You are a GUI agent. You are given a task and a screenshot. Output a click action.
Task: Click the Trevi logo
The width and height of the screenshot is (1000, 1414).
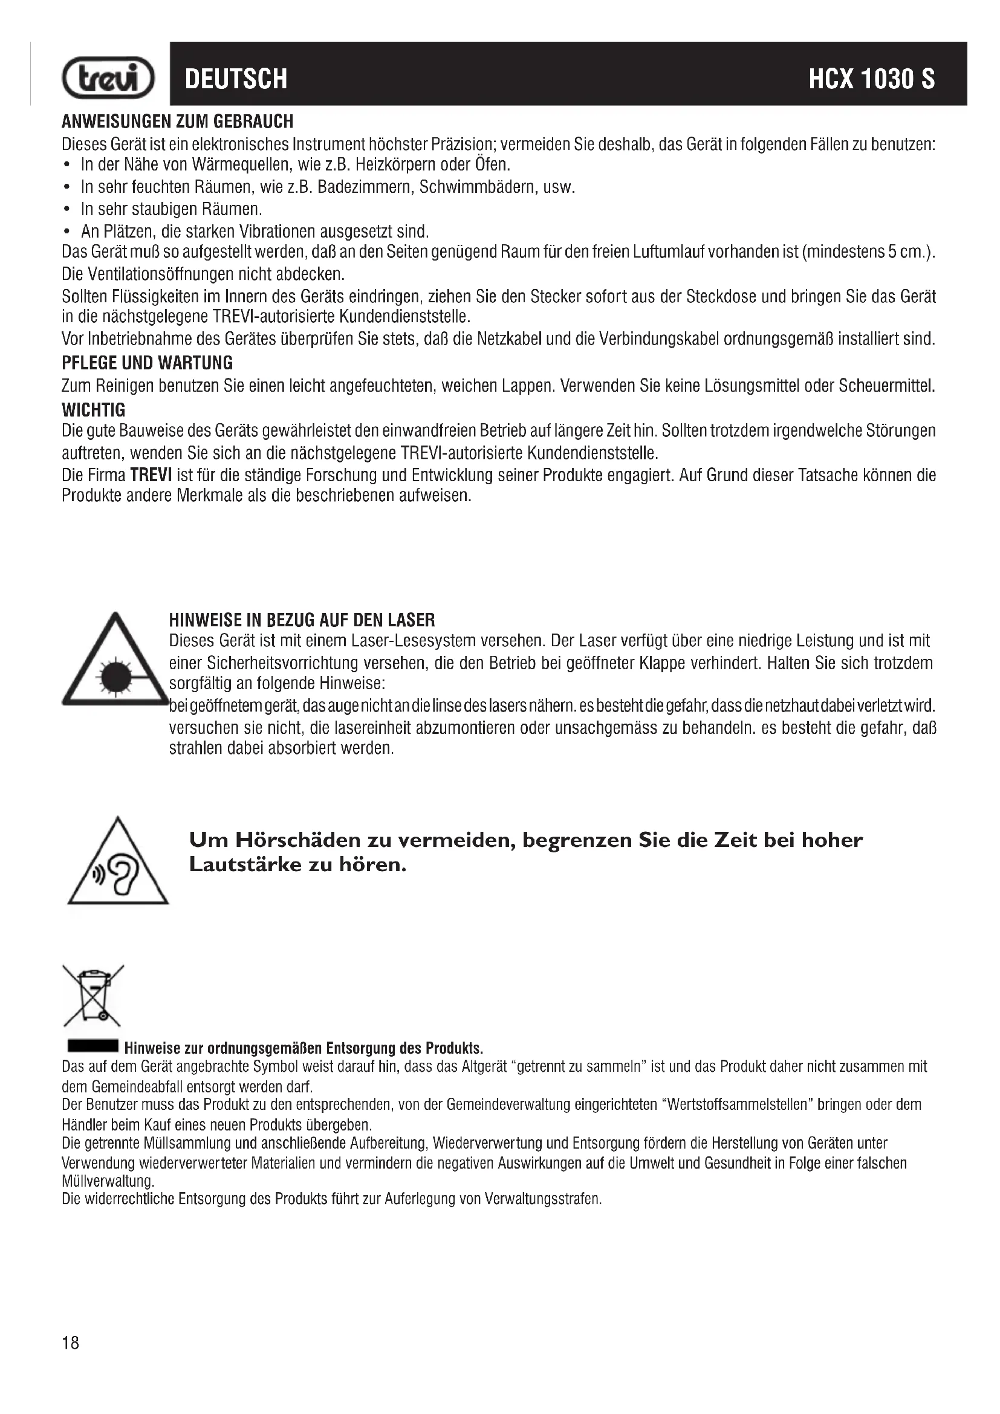click(x=108, y=78)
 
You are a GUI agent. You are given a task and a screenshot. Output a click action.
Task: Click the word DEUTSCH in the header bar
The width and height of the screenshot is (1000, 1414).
click(x=236, y=79)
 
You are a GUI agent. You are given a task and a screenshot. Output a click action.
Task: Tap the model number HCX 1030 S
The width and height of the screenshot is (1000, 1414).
click(x=871, y=79)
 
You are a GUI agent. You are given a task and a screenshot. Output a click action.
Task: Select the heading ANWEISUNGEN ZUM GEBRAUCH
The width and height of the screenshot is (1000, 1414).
click(x=177, y=122)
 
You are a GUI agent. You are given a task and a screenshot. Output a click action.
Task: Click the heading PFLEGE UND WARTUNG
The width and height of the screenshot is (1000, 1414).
click(x=147, y=363)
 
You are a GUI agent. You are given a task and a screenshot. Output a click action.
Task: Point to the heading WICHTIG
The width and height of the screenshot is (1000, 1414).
click(x=94, y=410)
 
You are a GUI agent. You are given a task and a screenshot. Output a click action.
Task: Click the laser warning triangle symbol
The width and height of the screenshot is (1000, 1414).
click(x=114, y=661)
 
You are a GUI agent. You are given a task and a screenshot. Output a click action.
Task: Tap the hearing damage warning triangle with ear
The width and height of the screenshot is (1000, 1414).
click(x=118, y=864)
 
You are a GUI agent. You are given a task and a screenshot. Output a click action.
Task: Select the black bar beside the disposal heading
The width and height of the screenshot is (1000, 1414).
click(x=93, y=1047)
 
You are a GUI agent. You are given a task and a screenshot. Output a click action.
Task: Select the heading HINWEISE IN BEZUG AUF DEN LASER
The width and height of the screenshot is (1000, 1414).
click(x=302, y=620)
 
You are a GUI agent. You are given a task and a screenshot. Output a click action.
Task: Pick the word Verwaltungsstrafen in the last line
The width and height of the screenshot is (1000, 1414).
click(x=542, y=1199)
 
